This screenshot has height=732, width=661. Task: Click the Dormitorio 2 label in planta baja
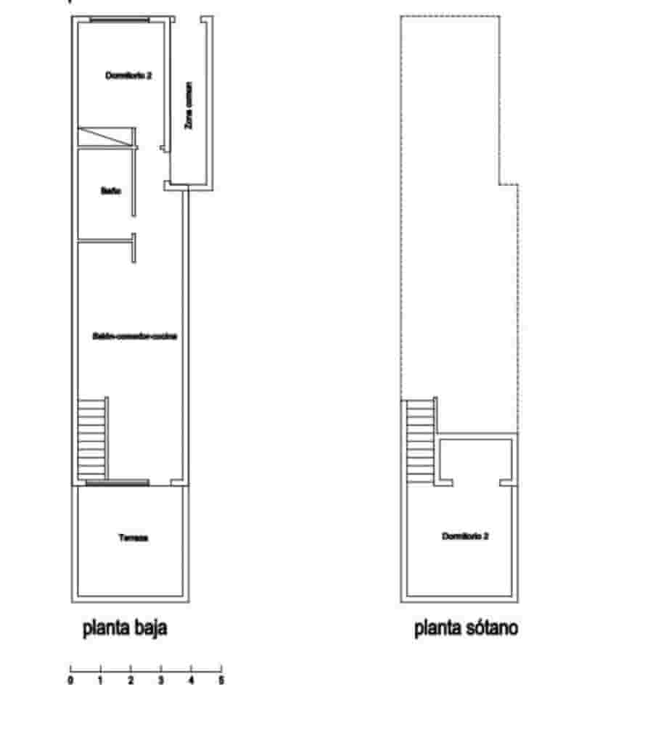(128, 75)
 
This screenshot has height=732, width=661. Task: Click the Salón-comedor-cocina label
(135, 336)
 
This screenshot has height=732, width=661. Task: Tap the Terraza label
(133, 538)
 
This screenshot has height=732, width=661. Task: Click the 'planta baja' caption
(125, 628)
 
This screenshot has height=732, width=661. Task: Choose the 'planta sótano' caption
(466, 628)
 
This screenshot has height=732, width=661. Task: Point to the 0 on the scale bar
(70, 681)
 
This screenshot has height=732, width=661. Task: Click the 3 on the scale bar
(161, 681)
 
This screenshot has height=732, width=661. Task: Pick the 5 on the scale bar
(221, 681)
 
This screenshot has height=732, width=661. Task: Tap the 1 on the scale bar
(100, 681)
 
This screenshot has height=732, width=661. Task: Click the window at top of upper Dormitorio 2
(120, 20)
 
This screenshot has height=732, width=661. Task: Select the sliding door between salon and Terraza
(117, 482)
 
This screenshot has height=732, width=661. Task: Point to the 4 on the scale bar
(192, 681)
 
